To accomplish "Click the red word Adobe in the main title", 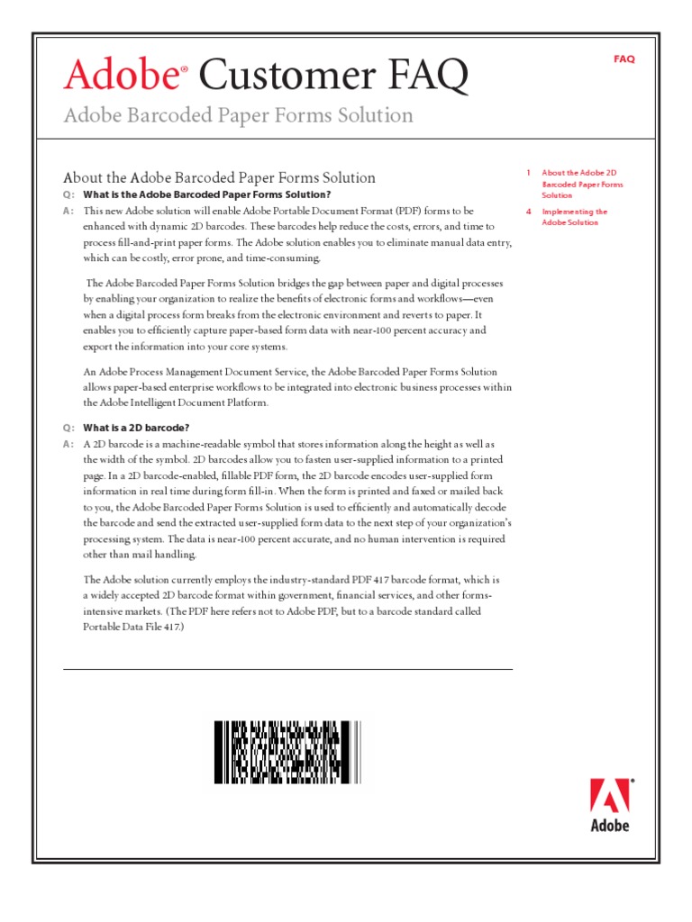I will pyautogui.click(x=119, y=76).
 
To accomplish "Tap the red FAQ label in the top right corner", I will pyautogui.click(x=624, y=59).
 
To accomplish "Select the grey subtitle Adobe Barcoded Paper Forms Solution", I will pyautogui.click(x=238, y=115).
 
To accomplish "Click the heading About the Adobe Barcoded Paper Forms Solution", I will pyautogui.click(x=219, y=177).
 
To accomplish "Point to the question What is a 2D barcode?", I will pyautogui.click(x=136, y=427).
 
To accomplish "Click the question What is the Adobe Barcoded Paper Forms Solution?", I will pyautogui.click(x=207, y=194).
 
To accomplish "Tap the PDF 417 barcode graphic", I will pyautogui.click(x=287, y=752).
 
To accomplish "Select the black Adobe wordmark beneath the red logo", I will pyautogui.click(x=610, y=825).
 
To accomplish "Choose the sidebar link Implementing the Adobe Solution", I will pyautogui.click(x=574, y=217).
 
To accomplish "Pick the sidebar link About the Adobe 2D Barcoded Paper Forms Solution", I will pyautogui.click(x=581, y=184).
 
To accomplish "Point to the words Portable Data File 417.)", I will pyautogui.click(x=134, y=626).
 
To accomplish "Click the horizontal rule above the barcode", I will pyautogui.click(x=287, y=669).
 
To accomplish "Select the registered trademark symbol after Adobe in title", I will pyautogui.click(x=184, y=68).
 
